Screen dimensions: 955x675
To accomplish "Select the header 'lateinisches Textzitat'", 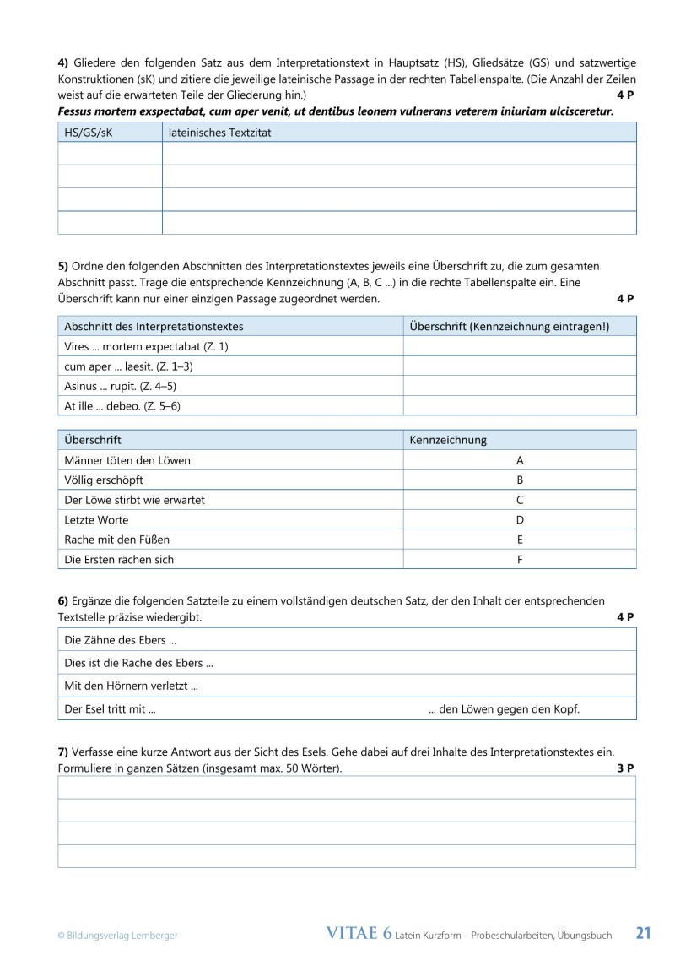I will tap(219, 133).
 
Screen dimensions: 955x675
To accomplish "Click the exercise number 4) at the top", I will tap(63, 62).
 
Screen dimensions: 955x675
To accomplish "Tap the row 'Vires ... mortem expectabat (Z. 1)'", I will tap(146, 346).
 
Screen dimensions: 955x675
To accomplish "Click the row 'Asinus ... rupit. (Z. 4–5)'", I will tap(120, 386).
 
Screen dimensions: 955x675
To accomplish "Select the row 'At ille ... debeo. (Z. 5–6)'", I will tap(122, 406).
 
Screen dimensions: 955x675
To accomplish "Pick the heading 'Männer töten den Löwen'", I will tap(127, 460).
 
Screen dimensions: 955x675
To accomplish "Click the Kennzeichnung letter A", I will tap(520, 460).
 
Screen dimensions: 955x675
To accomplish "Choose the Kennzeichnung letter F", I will tap(520, 559).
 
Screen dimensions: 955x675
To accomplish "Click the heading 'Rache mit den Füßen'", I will tap(116, 540).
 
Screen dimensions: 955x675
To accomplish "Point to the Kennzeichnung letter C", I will tap(520, 500).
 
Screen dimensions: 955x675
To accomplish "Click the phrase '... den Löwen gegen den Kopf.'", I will tap(504, 709).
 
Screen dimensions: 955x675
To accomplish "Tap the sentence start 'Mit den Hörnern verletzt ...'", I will tap(131, 686).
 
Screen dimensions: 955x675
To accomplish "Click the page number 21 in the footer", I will tap(643, 933).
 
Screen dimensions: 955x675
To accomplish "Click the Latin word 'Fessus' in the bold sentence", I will tap(74, 111).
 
